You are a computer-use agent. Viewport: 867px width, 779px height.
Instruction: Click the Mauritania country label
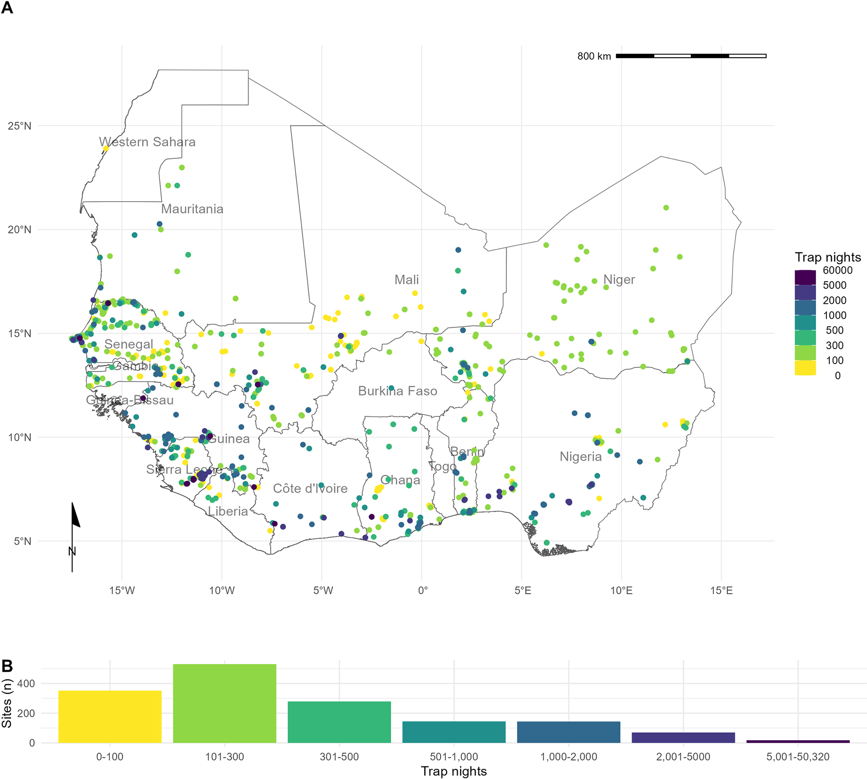coord(192,209)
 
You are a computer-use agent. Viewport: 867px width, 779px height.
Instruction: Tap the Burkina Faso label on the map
coord(397,391)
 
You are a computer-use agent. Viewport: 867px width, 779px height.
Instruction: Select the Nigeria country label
coord(580,456)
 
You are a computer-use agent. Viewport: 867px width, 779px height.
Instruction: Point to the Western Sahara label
coord(147,142)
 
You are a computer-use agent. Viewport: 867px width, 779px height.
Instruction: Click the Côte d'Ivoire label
coord(310,489)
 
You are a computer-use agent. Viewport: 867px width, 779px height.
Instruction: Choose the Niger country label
coord(619,280)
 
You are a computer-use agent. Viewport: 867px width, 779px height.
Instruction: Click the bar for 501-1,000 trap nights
coord(454,732)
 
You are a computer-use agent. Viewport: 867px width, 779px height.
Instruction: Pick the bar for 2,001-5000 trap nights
coord(683,738)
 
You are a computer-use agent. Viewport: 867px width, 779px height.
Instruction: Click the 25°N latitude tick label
coord(19,126)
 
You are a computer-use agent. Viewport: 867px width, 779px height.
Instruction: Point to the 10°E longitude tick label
coord(621,590)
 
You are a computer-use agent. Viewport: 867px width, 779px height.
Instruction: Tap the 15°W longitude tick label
coord(121,590)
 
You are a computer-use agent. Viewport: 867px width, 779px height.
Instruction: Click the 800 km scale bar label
coord(594,56)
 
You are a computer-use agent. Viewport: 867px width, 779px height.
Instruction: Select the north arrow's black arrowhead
coord(76,516)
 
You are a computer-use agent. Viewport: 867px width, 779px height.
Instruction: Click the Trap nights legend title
coord(828,257)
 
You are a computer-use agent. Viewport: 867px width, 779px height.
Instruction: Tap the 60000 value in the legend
coord(837,271)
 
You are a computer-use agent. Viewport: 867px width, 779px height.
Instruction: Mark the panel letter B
coord(7,666)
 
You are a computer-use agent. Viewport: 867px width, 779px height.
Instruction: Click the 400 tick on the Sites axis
coord(29,684)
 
